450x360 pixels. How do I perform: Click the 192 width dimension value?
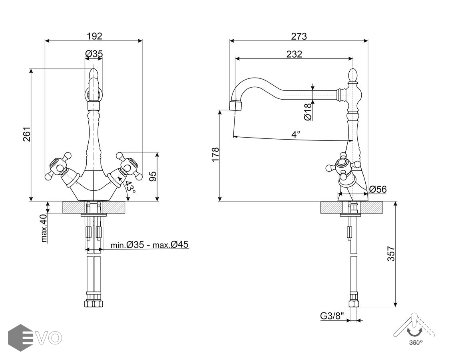click(x=94, y=36)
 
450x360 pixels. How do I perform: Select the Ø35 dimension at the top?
click(x=94, y=54)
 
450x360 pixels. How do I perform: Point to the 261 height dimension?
click(x=27, y=134)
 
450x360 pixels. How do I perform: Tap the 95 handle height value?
click(x=152, y=176)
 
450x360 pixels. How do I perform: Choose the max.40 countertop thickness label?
click(x=44, y=228)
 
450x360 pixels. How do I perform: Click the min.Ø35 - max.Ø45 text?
click(x=149, y=245)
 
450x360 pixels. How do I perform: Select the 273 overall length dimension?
click(x=299, y=36)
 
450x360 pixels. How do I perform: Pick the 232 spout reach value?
click(x=294, y=54)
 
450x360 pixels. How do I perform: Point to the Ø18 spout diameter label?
click(x=307, y=112)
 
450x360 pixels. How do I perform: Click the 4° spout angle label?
click(x=295, y=134)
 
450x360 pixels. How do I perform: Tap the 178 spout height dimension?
click(x=215, y=155)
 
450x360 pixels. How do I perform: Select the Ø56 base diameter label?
click(x=378, y=189)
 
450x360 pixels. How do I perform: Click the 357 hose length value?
click(x=391, y=254)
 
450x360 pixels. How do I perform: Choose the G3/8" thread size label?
click(x=332, y=316)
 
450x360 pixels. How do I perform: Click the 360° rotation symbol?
click(x=414, y=330)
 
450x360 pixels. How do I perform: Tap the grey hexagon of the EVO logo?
click(x=20, y=338)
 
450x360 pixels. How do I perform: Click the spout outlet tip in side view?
click(x=236, y=105)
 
